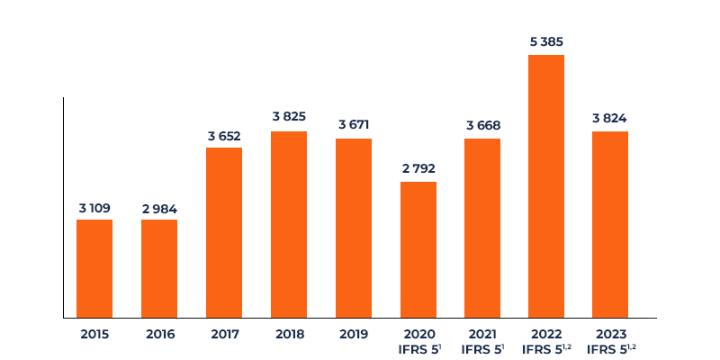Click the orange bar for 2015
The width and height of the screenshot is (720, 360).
(94, 268)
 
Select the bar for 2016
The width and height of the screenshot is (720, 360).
(159, 268)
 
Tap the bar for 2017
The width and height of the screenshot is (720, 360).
(224, 232)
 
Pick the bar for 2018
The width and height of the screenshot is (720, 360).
(289, 224)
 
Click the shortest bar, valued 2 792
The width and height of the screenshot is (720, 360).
(418, 249)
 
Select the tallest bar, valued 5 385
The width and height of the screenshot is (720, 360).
(546, 186)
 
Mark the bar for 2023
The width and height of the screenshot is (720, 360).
(610, 224)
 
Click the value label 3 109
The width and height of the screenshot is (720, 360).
(94, 209)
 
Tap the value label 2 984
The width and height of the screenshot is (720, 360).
(159, 209)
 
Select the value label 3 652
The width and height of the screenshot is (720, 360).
(224, 137)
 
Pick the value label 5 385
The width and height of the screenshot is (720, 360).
(546, 41)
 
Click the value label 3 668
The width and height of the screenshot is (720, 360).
(483, 125)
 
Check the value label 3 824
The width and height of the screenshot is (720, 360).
(610, 118)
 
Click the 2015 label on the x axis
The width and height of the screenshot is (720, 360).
(94, 334)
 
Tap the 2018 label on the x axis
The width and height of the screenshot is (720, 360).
(289, 334)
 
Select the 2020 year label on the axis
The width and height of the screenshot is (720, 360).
(418, 334)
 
